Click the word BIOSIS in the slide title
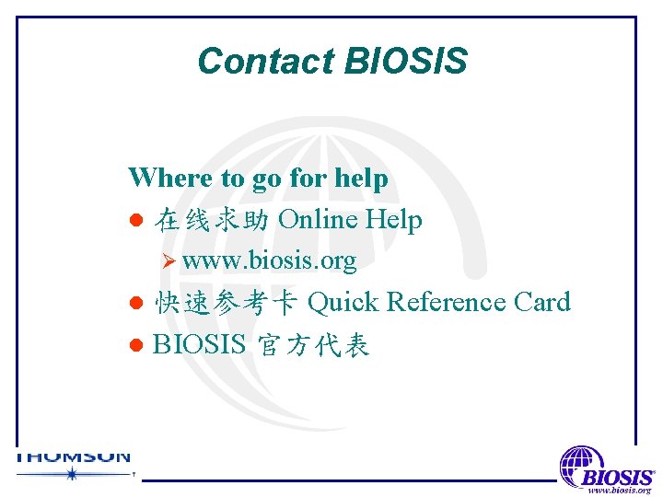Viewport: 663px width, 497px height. tap(405, 62)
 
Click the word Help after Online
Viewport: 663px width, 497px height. tap(394, 220)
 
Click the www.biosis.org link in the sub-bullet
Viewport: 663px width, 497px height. tap(269, 261)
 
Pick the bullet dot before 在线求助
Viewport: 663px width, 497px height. tap(135, 221)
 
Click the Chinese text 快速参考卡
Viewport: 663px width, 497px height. tap(226, 303)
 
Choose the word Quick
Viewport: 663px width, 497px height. tap(343, 302)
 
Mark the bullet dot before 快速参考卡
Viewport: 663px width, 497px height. tap(135, 304)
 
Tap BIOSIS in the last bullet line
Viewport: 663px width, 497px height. tap(199, 345)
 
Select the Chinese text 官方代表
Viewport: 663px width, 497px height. tap(311, 346)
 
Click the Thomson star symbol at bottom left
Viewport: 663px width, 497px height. tap(71, 474)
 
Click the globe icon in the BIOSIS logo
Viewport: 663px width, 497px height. tap(581, 462)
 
